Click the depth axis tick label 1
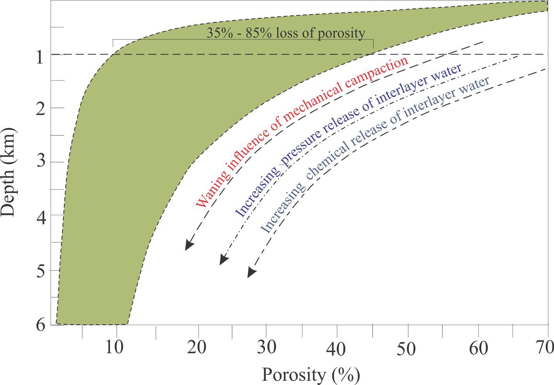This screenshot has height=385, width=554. [39, 58]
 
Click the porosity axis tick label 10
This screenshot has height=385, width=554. [115, 347]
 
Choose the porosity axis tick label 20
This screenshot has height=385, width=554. [197, 347]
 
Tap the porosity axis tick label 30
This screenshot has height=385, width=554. [267, 347]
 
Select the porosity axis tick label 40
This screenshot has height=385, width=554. [336, 349]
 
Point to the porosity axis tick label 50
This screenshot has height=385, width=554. [406, 349]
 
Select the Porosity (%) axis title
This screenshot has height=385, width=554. [311, 375]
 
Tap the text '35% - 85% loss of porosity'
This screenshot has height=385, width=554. [285, 33]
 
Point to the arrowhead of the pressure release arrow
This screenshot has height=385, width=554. [223, 260]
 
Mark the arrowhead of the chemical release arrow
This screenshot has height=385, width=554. [251, 273]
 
